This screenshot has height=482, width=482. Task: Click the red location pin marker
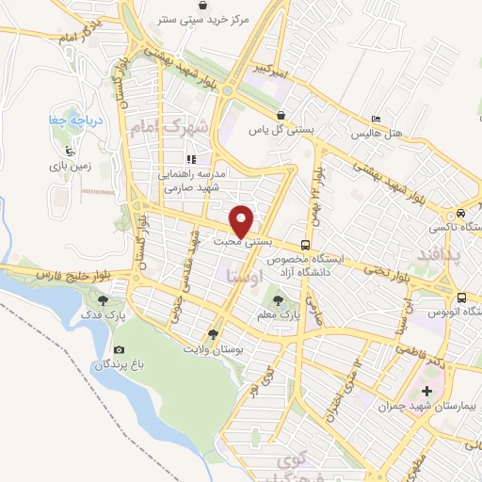pyautogui.click(x=242, y=220)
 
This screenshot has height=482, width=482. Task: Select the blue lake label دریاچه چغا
pyautogui.click(x=72, y=120)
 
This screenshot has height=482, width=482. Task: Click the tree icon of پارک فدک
pyautogui.click(x=104, y=300)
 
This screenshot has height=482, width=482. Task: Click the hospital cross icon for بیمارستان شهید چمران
pyautogui.click(x=430, y=390)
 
